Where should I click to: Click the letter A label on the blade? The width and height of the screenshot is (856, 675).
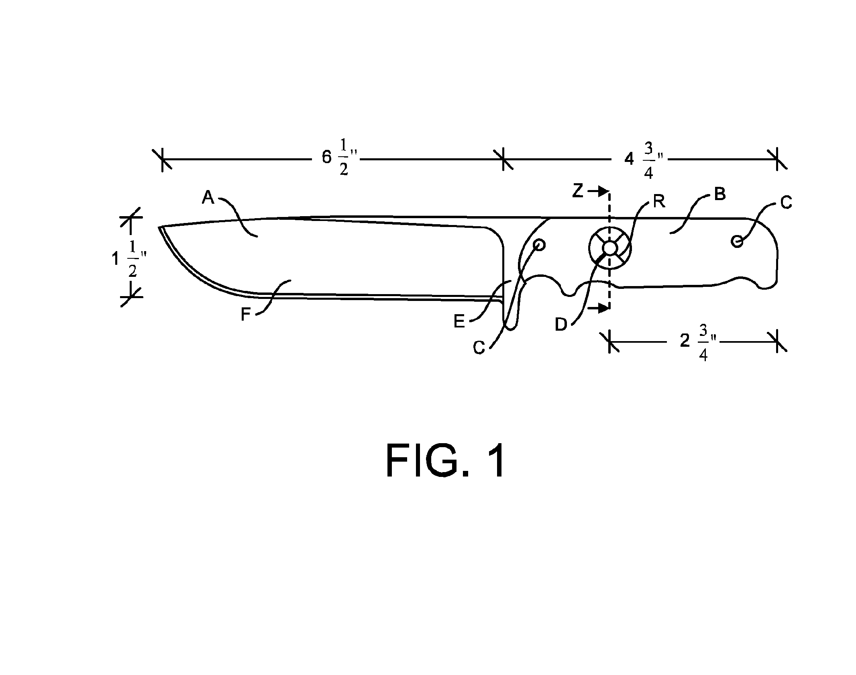(x=208, y=197)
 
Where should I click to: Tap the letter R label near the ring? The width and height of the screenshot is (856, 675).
(x=659, y=201)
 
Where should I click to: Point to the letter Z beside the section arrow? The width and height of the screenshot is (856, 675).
(x=577, y=191)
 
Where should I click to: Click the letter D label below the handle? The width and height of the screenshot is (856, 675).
(x=561, y=324)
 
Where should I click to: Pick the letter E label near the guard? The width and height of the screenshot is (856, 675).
(x=459, y=321)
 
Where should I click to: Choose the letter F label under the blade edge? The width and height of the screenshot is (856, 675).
(x=246, y=315)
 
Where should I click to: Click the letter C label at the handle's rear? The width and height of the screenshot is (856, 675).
(x=786, y=202)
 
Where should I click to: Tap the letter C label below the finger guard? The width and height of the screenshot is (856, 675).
(x=479, y=348)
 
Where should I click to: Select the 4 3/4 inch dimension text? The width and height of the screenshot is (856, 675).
(x=644, y=160)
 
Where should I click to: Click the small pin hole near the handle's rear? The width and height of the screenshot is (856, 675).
(x=737, y=241)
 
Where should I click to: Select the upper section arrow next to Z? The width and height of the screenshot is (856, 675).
(x=598, y=192)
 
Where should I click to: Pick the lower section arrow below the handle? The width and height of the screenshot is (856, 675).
(x=598, y=309)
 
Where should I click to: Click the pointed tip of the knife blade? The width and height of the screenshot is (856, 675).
(x=159, y=227)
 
